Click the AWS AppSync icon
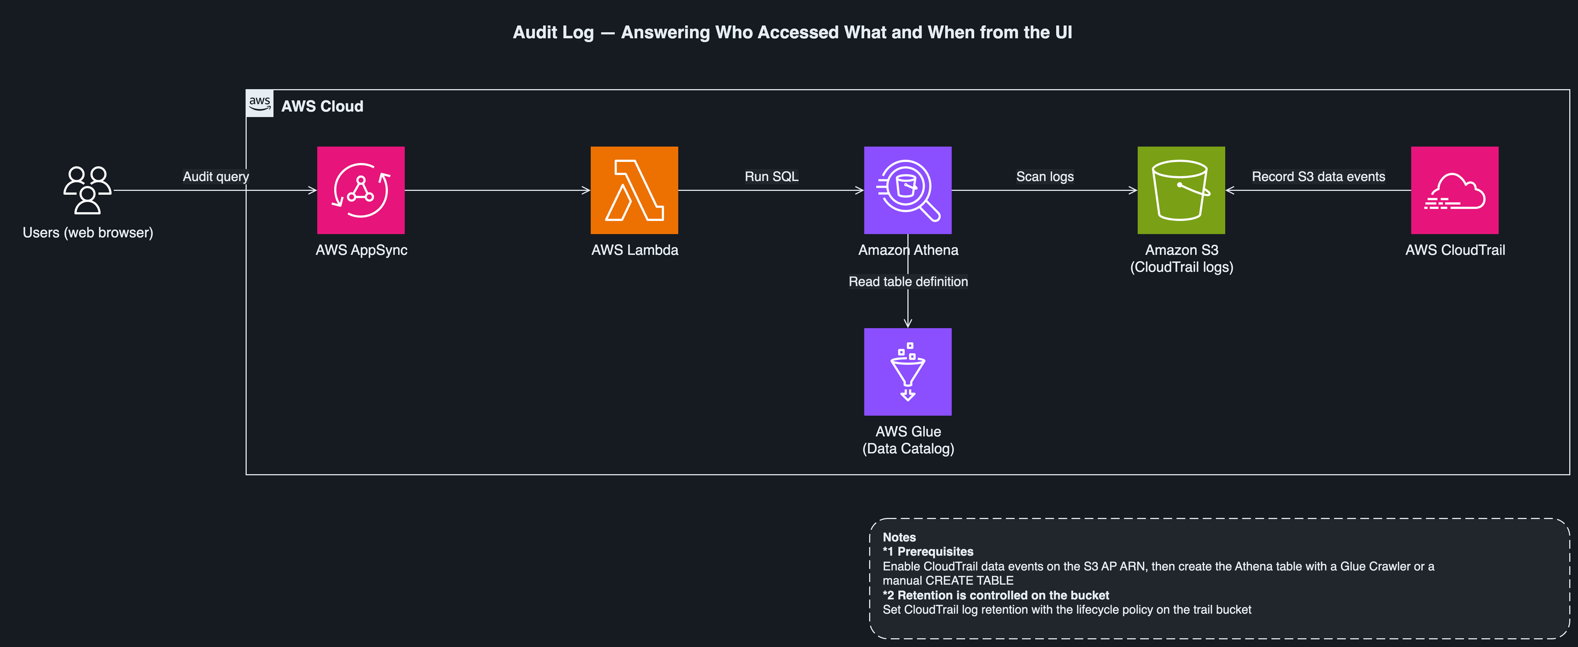(x=361, y=190)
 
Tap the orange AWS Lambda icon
(x=634, y=190)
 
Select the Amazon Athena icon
(x=908, y=190)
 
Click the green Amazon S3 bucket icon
(x=1181, y=190)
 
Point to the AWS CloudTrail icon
(x=1455, y=190)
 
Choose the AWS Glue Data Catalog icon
(x=908, y=372)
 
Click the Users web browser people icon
(x=88, y=190)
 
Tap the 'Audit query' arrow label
(x=216, y=177)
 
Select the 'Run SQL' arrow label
(x=771, y=177)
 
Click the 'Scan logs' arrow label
(x=1045, y=177)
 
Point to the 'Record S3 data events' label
(x=1318, y=177)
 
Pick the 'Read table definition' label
(x=908, y=281)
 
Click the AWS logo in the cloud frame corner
(x=260, y=103)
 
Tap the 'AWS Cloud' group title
(x=322, y=106)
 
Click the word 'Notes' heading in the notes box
(x=899, y=537)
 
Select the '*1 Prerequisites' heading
(x=928, y=551)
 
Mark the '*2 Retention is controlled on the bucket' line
(x=995, y=595)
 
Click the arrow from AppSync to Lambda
(x=497, y=190)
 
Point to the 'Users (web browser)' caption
(x=88, y=233)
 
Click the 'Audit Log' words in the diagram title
(x=553, y=32)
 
